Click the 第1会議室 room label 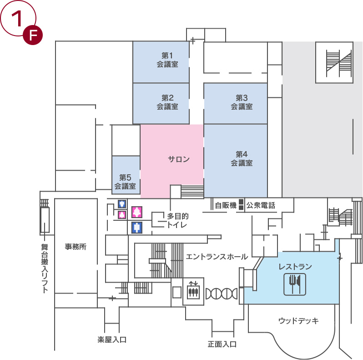tap(167, 60)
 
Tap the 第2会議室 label tap(167, 102)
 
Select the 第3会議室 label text tap(242, 102)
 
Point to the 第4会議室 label tap(242, 158)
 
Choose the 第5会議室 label tap(125, 182)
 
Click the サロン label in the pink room tap(179, 159)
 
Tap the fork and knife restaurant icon tap(295, 284)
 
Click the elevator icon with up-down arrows tap(193, 290)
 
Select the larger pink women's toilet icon tap(137, 212)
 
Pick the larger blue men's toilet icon tap(137, 228)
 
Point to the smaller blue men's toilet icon tap(122, 204)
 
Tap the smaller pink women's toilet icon tap(122, 215)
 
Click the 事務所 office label tap(76, 247)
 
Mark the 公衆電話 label tap(261, 205)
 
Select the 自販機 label tap(226, 205)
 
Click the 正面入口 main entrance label tap(222, 344)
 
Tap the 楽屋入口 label tap(112, 340)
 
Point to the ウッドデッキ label tap(299, 320)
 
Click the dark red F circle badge tap(33, 35)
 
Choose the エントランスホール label tap(217, 257)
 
